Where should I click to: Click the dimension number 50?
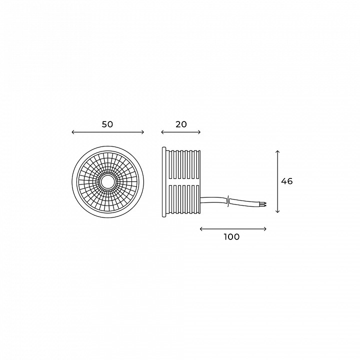107,124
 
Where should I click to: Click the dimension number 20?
181,124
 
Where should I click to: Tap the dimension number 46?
287,181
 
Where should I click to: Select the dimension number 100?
231,236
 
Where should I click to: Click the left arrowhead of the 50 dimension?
73,132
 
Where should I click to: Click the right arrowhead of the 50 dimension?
142,132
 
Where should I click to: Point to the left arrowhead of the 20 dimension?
162,132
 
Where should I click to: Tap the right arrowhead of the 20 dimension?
199,132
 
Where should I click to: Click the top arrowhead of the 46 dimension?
277,152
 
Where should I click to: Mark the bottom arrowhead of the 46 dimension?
277,211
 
